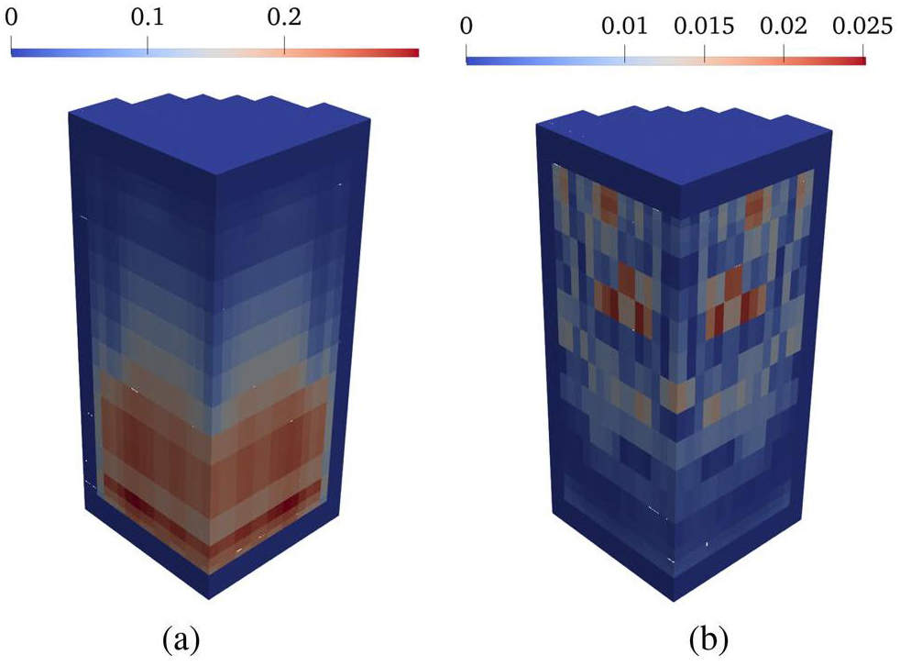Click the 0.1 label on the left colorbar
148,17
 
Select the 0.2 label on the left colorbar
284,17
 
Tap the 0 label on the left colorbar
11,17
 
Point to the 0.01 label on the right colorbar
624,26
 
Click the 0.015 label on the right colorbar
704,26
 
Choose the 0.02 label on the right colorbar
784,26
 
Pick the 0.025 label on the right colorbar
862,26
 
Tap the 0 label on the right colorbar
466,26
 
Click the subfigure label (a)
181,639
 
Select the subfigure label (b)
708,639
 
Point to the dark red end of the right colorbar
858,61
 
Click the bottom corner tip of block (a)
209,599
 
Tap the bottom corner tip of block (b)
674,601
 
